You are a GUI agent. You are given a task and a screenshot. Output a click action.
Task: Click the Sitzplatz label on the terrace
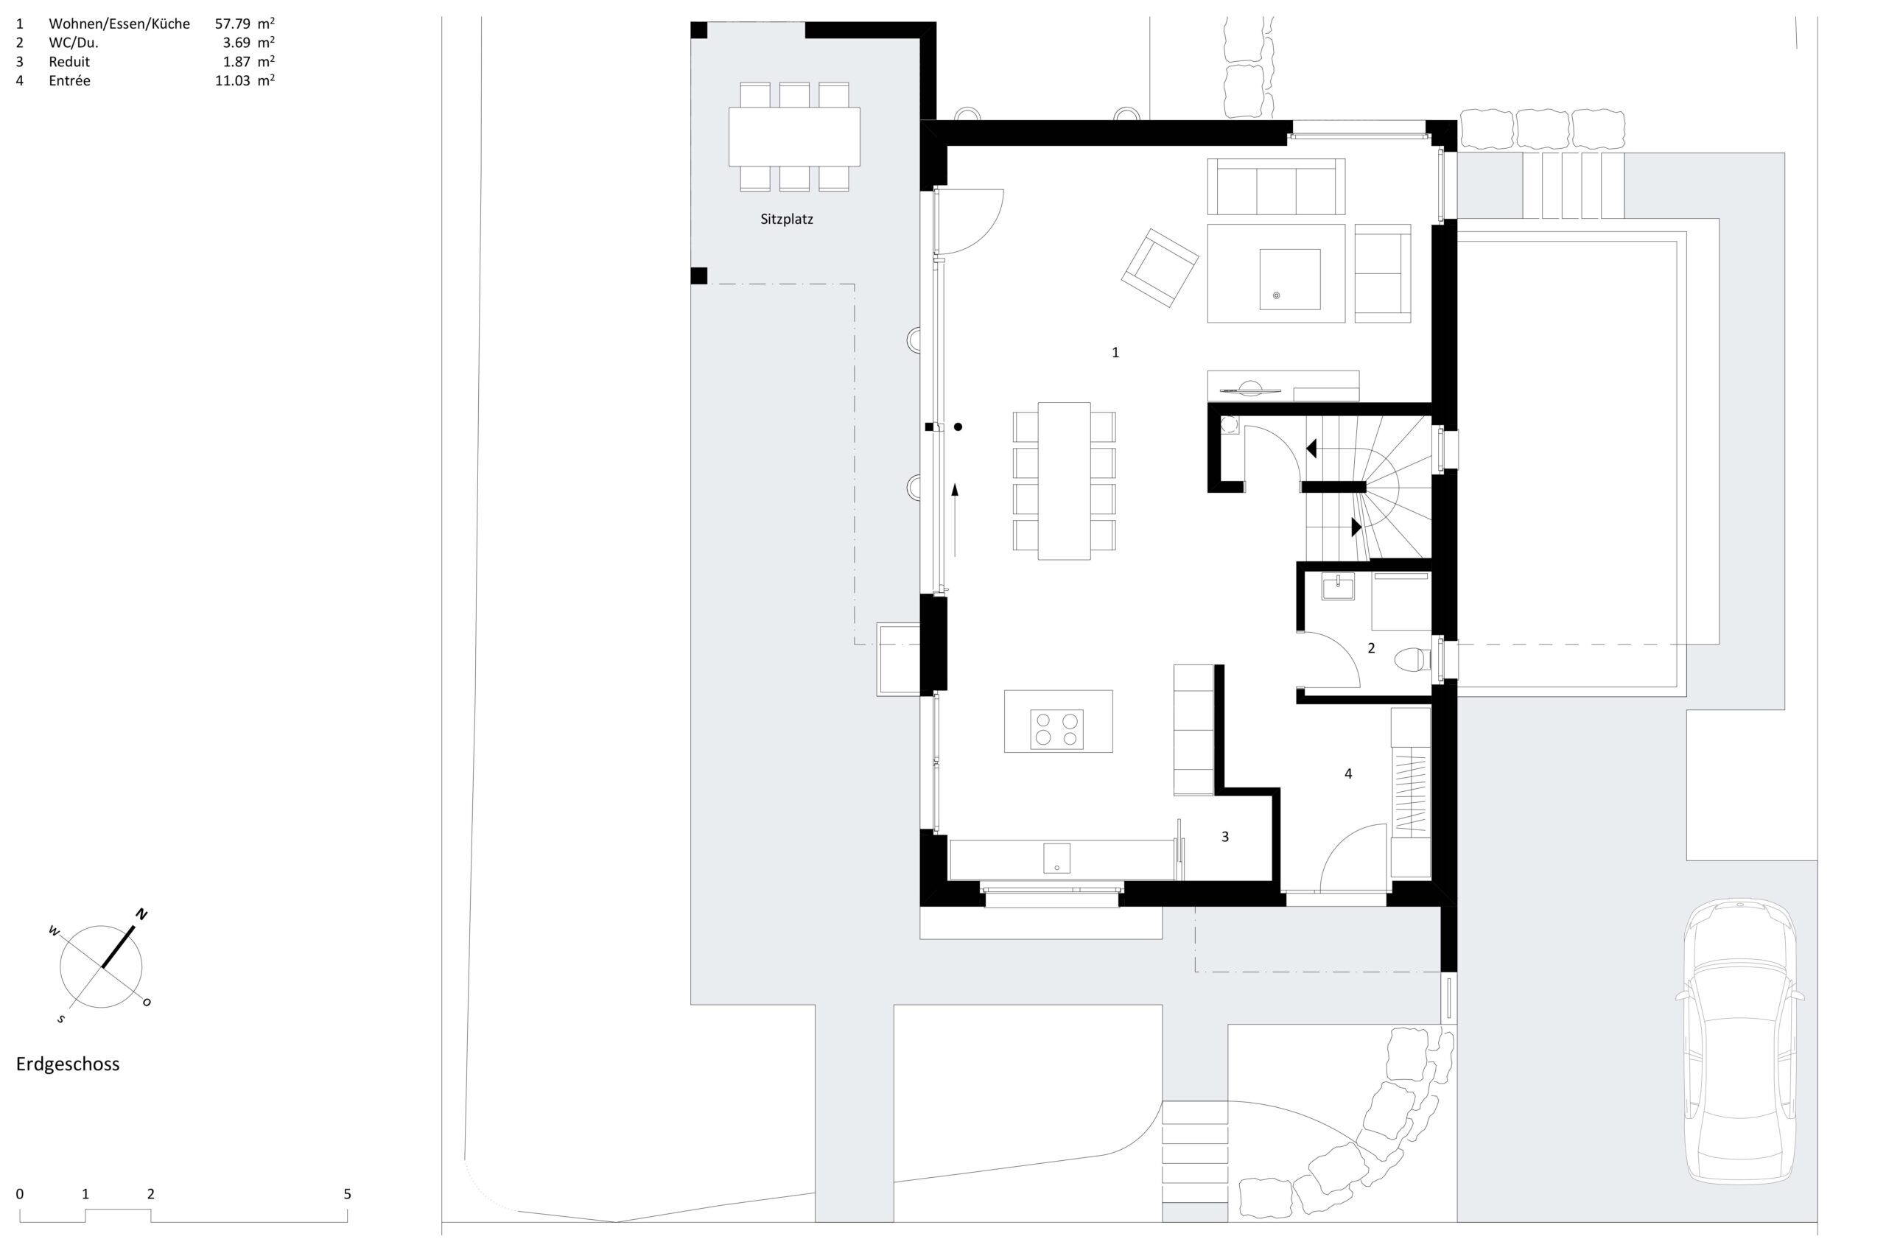tap(786, 220)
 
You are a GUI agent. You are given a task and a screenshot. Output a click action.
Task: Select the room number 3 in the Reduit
tap(1225, 836)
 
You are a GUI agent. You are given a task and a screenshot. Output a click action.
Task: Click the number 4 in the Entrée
tap(1348, 773)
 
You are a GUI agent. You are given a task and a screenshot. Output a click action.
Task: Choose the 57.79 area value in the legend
tap(231, 24)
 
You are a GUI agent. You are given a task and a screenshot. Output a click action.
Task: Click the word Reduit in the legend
tap(69, 62)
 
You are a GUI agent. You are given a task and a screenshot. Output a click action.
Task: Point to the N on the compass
tap(142, 914)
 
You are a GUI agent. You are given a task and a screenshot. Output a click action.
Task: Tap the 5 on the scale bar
tap(347, 1194)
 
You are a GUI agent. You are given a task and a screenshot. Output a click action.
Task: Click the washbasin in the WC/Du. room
tap(1338, 587)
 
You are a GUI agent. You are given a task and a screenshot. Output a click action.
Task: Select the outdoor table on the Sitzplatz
tap(794, 136)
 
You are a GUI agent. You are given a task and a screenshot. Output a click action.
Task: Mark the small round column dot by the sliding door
tap(958, 427)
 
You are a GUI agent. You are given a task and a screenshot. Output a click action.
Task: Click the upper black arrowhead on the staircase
tap(1311, 449)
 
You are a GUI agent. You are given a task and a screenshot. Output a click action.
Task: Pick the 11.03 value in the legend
tap(231, 81)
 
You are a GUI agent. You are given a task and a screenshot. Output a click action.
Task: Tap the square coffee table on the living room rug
tap(1289, 279)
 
